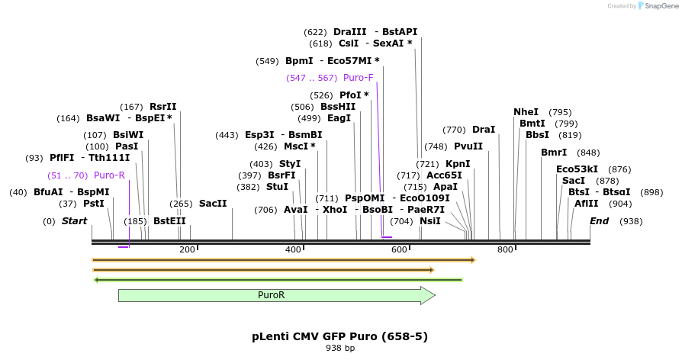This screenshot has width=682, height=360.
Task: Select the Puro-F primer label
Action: point(358,78)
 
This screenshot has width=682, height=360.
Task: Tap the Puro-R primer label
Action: point(109,175)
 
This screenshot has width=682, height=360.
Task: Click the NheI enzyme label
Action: point(526,112)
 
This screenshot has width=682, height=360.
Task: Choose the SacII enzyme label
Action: point(213,204)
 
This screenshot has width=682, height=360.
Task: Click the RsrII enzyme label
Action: point(162,107)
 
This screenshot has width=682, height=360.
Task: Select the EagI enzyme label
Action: point(339,118)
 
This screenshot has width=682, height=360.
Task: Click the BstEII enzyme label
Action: point(169,221)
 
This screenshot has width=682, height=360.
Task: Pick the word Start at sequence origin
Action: point(75,221)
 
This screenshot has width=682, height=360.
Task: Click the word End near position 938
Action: point(600,221)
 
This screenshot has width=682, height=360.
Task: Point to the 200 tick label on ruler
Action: point(187,250)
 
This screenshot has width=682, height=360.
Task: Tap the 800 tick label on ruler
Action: point(505,250)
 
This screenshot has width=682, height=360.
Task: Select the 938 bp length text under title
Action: point(340,349)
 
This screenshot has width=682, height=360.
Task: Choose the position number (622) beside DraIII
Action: point(315,32)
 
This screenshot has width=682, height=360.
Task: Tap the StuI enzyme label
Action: point(277,187)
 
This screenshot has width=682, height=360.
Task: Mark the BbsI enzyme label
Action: point(537,135)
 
